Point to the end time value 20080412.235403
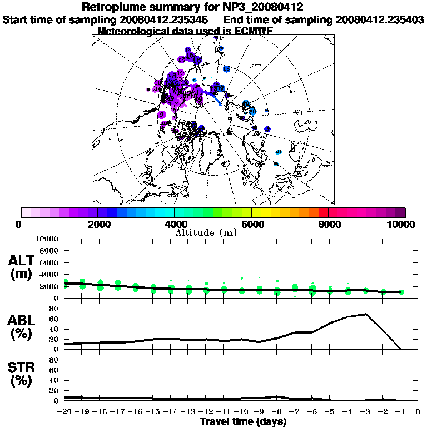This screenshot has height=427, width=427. [380, 19]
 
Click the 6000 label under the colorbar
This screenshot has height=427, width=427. [251, 224]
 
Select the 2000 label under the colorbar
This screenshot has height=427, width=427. [98, 224]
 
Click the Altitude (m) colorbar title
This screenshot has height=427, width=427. [206, 232]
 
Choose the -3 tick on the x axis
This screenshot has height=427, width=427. [365, 413]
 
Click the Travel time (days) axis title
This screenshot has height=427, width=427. [243, 421]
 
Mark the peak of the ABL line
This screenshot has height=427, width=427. [365, 314]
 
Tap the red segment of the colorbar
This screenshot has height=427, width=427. [324, 212]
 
